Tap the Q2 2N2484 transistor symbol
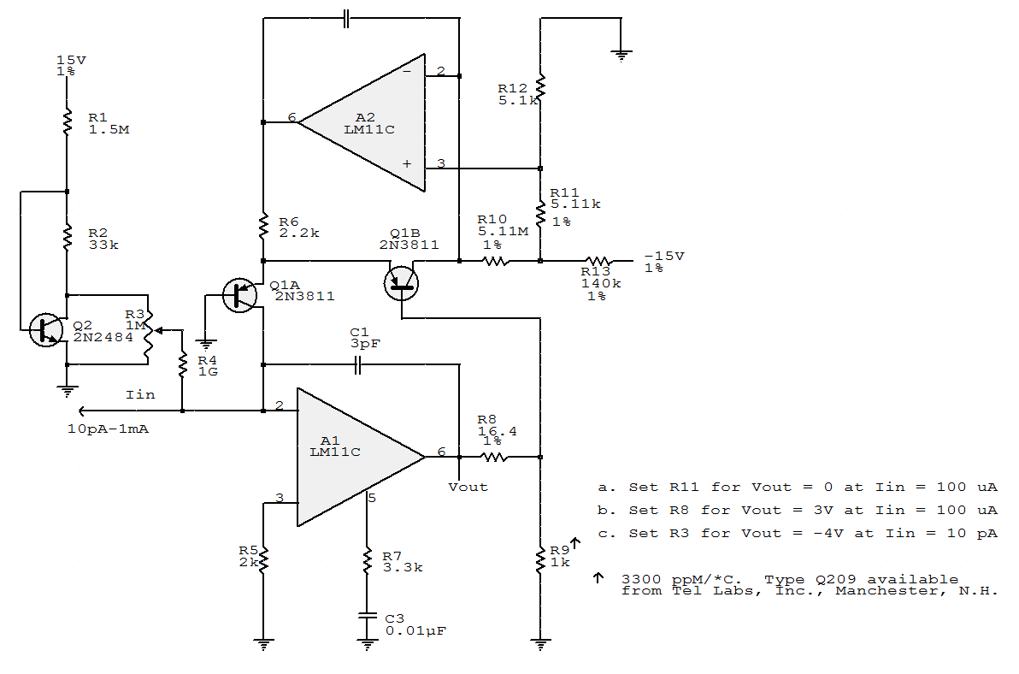tap(46, 329)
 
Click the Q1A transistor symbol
tap(240, 294)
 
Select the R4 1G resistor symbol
tap(182, 365)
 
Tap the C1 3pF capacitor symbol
tap(359, 365)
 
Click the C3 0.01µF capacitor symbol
tap(368, 615)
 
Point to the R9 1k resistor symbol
tap(540, 560)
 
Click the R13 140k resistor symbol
tap(598, 261)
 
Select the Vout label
tap(468, 487)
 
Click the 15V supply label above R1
tap(66, 60)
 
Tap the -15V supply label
tap(664, 256)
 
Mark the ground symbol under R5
tap(265, 643)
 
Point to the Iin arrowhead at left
tap(80, 411)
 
